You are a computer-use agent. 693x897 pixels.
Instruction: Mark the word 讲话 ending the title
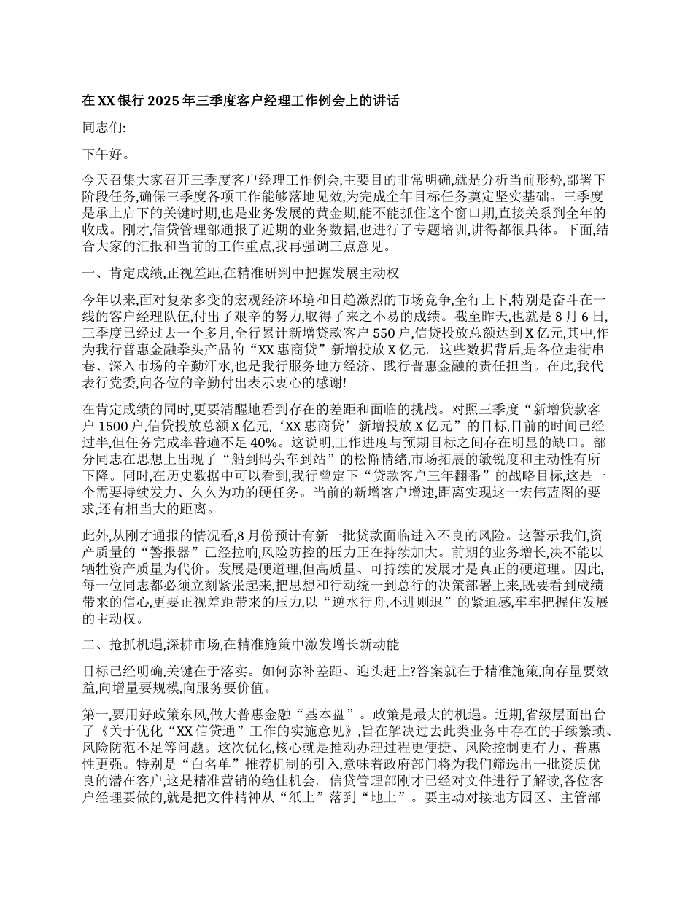(386, 101)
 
